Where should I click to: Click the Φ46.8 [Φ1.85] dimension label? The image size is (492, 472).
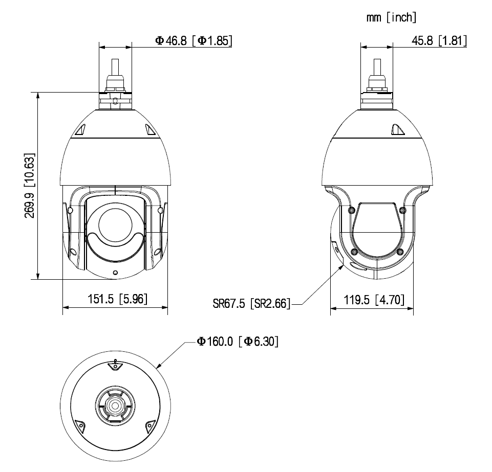pos(194,41)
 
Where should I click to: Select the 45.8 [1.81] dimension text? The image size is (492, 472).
pos(439,41)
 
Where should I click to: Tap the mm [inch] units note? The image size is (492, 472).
pos(391,17)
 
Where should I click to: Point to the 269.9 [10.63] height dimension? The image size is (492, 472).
pos(30,186)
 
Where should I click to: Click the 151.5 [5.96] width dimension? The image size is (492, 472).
pos(117,299)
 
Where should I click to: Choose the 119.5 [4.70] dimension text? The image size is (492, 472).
pos(374,300)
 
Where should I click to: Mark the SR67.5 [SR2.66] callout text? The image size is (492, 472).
pos(251,303)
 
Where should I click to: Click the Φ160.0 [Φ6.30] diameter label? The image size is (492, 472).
pos(238,341)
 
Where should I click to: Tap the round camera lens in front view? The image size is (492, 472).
pos(115,224)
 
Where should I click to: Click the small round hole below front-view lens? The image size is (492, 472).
pos(115,273)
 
